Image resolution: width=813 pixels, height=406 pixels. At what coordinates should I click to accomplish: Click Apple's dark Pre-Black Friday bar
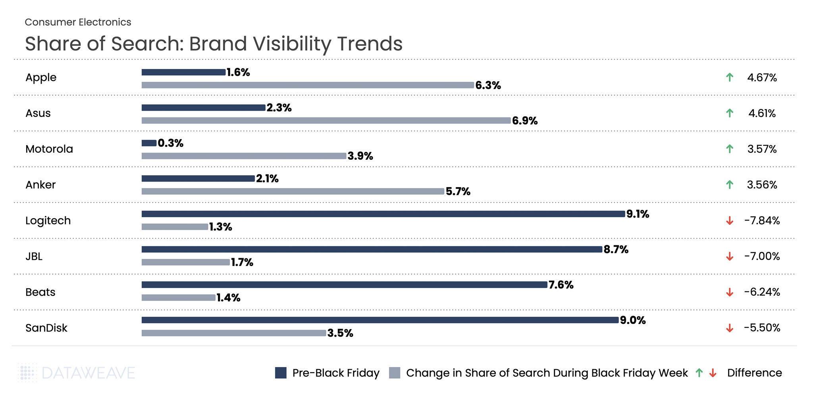pyautogui.click(x=183, y=72)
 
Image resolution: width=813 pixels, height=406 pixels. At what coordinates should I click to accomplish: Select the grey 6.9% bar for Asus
pyautogui.click(x=326, y=121)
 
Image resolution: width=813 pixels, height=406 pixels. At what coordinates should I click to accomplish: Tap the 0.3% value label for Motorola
pyautogui.click(x=170, y=143)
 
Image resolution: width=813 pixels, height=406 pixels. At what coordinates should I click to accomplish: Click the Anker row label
pyautogui.click(x=40, y=185)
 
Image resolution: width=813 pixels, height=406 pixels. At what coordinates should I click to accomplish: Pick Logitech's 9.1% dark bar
pyautogui.click(x=383, y=214)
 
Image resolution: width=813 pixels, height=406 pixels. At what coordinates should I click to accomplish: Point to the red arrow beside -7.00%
pyautogui.click(x=730, y=257)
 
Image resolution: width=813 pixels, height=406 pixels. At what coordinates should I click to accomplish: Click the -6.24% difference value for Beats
pyautogui.click(x=762, y=292)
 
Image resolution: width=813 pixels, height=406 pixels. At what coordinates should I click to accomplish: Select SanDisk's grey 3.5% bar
pyautogui.click(x=233, y=333)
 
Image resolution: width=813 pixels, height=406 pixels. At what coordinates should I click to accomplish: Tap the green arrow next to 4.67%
pyautogui.click(x=730, y=77)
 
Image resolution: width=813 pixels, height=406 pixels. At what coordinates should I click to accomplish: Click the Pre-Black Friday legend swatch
pyautogui.click(x=281, y=373)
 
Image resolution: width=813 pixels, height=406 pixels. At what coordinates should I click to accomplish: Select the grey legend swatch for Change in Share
pyautogui.click(x=395, y=373)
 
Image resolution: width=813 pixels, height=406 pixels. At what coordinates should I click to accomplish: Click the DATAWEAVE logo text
pyautogui.click(x=88, y=373)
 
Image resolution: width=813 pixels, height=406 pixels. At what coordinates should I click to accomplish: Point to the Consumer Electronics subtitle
pyautogui.click(x=78, y=22)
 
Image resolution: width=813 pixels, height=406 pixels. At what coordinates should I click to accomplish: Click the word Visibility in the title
pyautogui.click(x=294, y=44)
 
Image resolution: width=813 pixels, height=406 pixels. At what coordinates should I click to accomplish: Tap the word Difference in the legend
pyautogui.click(x=754, y=373)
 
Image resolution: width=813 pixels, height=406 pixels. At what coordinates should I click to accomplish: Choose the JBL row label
pyautogui.click(x=34, y=257)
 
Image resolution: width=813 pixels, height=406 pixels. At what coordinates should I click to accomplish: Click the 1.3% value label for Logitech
pyautogui.click(x=220, y=227)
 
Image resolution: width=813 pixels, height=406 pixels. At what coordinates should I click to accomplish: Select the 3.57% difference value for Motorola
pyautogui.click(x=762, y=149)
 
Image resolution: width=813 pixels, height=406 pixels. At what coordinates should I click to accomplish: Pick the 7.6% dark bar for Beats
pyautogui.click(x=344, y=285)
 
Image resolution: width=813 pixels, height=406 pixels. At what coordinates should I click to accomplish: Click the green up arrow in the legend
pyautogui.click(x=699, y=373)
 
